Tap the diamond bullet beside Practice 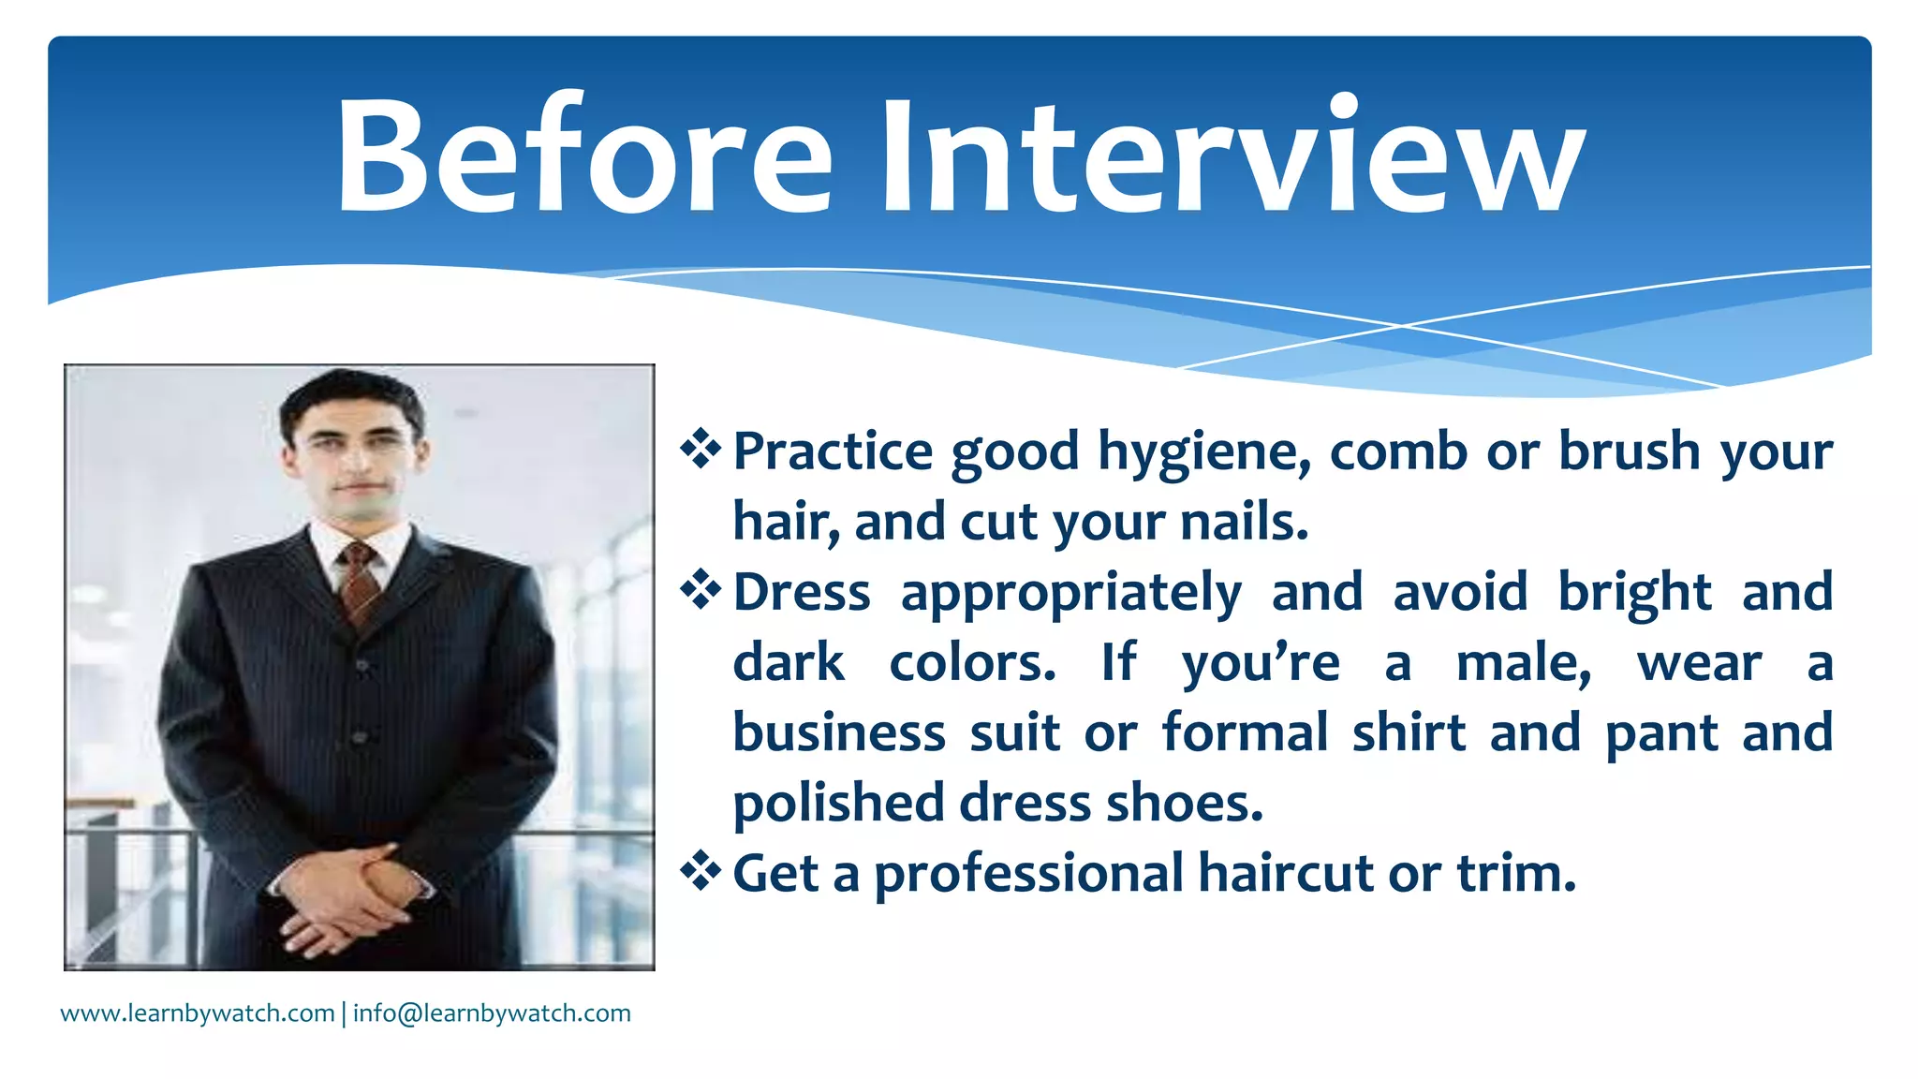[701, 450]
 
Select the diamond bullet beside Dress [701, 590]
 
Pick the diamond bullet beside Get [701, 872]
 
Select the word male [1523, 663]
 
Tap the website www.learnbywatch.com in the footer [198, 1013]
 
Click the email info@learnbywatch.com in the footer [492, 1013]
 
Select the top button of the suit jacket [361, 666]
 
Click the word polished [838, 804]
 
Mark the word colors [972, 663]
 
